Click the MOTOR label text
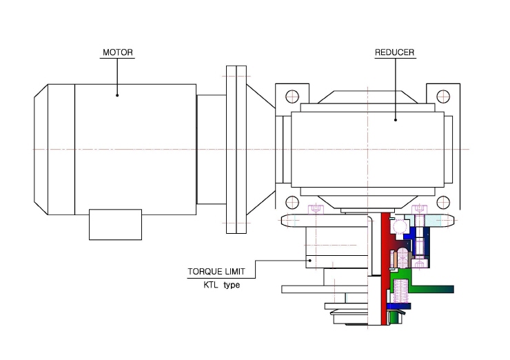[118, 52]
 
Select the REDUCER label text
[394, 52]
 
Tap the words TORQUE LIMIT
[216, 272]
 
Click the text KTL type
[222, 285]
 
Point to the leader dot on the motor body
[117, 95]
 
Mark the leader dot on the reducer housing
[396, 120]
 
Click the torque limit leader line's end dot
[310, 261]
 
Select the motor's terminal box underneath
[116, 225]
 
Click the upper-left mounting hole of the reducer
[292, 97]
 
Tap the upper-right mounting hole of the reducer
[443, 97]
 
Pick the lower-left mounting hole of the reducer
[292, 203]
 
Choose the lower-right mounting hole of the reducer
[443, 203]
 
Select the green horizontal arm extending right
[433, 289]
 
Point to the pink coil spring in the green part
[400, 291]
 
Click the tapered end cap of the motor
[41, 150]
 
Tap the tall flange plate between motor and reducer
[236, 150]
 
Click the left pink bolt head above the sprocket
[316, 209]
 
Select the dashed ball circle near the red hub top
[400, 226]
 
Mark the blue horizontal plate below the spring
[399, 306]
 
